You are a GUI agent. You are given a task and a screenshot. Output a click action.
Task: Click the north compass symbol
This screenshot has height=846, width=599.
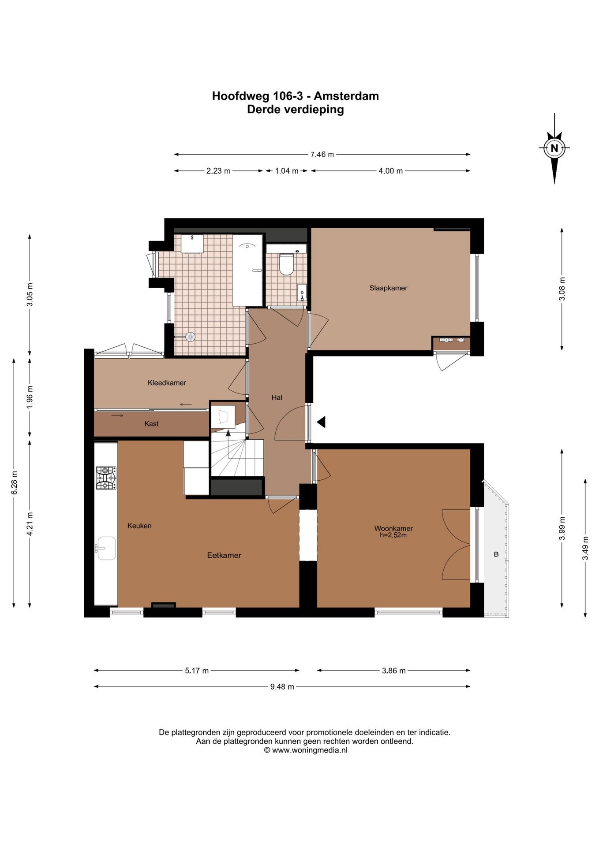[x=554, y=148]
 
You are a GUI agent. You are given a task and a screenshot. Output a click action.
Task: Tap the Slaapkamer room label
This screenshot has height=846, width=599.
[x=388, y=288]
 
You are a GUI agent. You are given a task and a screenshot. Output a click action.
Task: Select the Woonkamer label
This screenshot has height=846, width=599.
[x=393, y=528]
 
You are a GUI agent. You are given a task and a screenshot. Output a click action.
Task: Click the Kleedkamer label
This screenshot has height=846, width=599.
[x=167, y=383]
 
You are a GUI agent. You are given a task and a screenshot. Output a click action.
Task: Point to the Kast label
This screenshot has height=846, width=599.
[x=151, y=424]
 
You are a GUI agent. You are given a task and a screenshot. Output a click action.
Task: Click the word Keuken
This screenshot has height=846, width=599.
[x=139, y=526]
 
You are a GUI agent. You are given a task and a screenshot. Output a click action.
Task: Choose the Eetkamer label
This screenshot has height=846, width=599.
[x=224, y=556]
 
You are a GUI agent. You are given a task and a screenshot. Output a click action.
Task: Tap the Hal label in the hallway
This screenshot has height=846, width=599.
[x=277, y=397]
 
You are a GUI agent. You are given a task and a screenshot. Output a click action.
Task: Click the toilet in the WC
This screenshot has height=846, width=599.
[x=286, y=263]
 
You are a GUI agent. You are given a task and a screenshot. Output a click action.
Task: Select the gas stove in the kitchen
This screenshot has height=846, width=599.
[x=106, y=478]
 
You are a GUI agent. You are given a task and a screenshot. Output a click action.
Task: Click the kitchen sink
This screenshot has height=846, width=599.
[x=106, y=549]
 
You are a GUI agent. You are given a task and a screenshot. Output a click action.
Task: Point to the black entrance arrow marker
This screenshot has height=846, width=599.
[x=321, y=422]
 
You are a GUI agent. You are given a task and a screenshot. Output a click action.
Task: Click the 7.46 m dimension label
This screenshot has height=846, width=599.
[x=322, y=155]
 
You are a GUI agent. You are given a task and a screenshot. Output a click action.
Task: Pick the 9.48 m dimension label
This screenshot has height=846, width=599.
[x=282, y=687]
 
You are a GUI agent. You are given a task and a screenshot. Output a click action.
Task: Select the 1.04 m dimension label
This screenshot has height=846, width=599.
[x=287, y=171]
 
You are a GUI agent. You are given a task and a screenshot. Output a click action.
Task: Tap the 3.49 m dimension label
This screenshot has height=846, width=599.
[x=585, y=548]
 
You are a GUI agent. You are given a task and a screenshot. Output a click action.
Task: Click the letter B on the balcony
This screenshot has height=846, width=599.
[x=496, y=554]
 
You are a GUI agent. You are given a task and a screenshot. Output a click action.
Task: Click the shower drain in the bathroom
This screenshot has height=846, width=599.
[x=190, y=337]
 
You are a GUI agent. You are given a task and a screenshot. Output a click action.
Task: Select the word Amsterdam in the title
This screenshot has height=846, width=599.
[x=346, y=96]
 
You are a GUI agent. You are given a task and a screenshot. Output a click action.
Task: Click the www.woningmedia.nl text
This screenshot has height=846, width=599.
[x=310, y=750]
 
